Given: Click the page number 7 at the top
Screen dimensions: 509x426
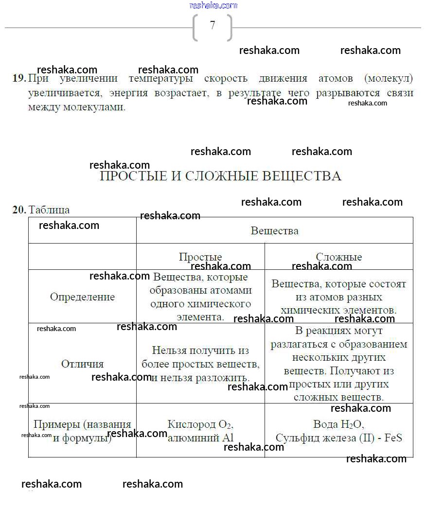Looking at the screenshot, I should pos(213,25).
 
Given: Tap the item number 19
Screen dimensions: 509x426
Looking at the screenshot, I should pos(18,78).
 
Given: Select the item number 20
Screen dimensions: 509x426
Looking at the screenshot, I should pos(18,210).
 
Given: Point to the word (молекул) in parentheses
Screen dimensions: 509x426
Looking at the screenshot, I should pos(388,78).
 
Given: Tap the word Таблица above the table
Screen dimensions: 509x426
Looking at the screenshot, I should pos(49,210).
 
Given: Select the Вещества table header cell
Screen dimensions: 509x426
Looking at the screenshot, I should pos(274,230).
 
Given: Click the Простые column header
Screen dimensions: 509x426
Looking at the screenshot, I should pos(200,257).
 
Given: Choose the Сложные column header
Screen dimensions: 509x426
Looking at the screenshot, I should pos(339,257).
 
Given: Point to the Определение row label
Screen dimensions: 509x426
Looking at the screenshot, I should pos(82,297).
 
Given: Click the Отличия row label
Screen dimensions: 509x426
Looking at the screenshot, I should pos(82,364).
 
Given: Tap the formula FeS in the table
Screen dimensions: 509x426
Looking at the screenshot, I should pos(393,438).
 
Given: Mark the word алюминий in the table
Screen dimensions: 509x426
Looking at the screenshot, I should pos(190,438).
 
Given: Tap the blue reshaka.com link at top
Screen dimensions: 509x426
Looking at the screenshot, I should pos(213,5).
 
